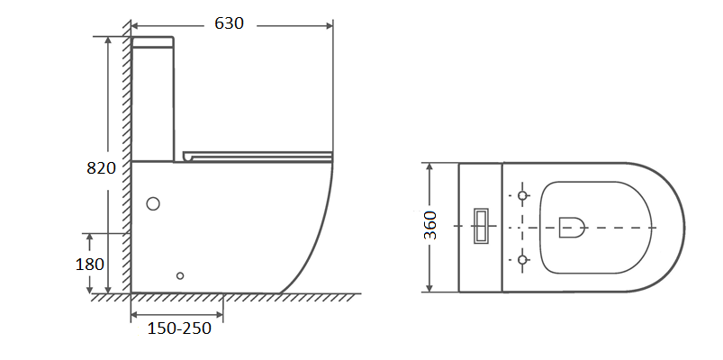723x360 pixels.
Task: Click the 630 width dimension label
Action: pos(229,23)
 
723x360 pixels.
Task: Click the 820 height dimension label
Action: pos(101,168)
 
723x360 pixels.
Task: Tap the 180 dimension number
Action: pos(89,264)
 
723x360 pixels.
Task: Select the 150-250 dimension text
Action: pos(179,328)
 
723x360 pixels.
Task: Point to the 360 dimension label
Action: pos(430,225)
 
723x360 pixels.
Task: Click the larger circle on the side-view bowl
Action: pos(153,203)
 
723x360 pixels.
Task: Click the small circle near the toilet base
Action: pos(180,275)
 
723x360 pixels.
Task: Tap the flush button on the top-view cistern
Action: pos(482,226)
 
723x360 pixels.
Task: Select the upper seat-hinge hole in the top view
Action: pos(522,195)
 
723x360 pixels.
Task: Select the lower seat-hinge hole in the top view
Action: pos(522,259)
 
